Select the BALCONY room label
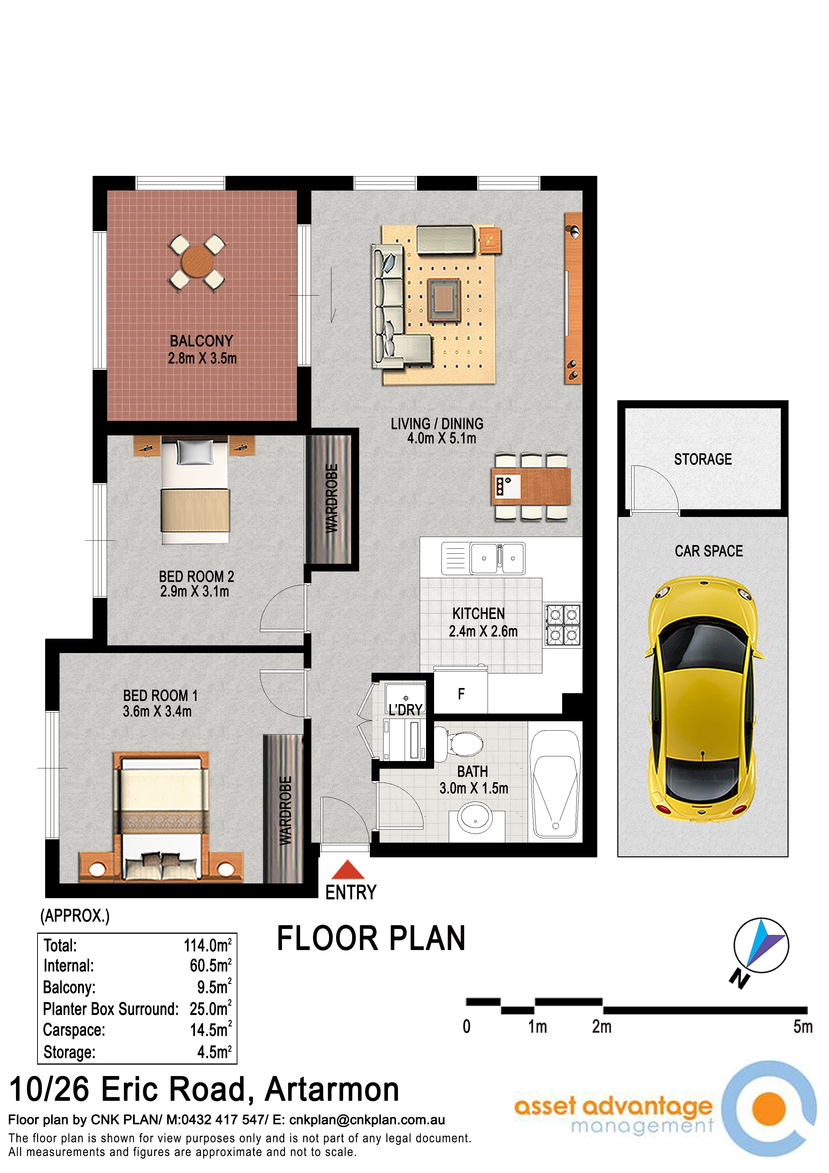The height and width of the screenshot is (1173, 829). (x=201, y=341)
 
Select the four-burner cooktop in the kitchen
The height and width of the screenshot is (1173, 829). (x=563, y=625)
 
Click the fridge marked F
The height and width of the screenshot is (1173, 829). (x=461, y=693)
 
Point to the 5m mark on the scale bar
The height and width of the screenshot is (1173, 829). (x=803, y=1027)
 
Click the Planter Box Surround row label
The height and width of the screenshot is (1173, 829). (x=111, y=1009)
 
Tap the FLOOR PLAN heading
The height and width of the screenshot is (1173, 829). (x=371, y=939)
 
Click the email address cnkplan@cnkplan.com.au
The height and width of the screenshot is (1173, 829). (x=367, y=1120)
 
